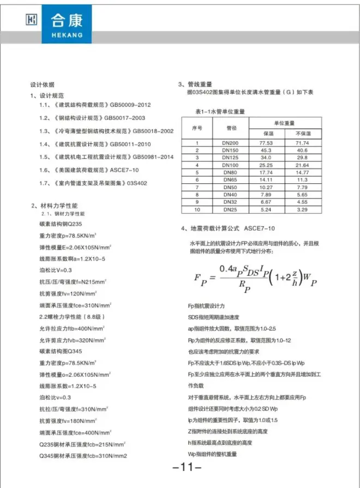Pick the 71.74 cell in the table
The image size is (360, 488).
coord(302,142)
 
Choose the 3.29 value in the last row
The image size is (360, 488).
coord(302,209)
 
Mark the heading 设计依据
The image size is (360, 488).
coord(42,85)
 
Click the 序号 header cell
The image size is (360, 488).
coord(197,128)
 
